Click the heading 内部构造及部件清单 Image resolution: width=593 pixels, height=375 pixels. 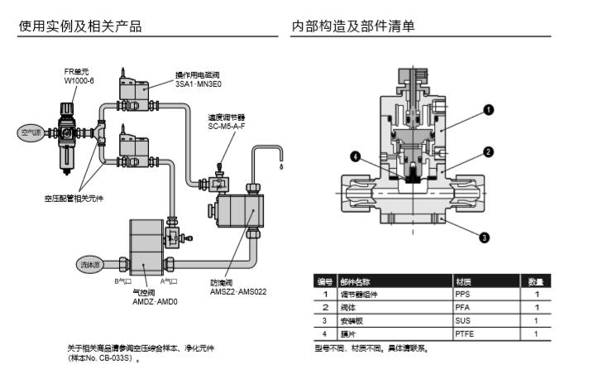[x=353, y=26]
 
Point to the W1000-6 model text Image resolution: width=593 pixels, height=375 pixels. [x=79, y=81]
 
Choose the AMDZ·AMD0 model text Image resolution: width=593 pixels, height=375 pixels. [x=155, y=302]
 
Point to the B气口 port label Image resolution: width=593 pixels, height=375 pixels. [x=122, y=281]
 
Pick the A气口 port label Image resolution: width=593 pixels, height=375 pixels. [x=170, y=281]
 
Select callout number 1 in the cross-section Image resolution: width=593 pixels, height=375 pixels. [x=488, y=109]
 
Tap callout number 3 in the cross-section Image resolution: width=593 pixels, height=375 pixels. [x=484, y=237]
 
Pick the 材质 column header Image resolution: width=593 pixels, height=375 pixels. [x=463, y=281]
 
